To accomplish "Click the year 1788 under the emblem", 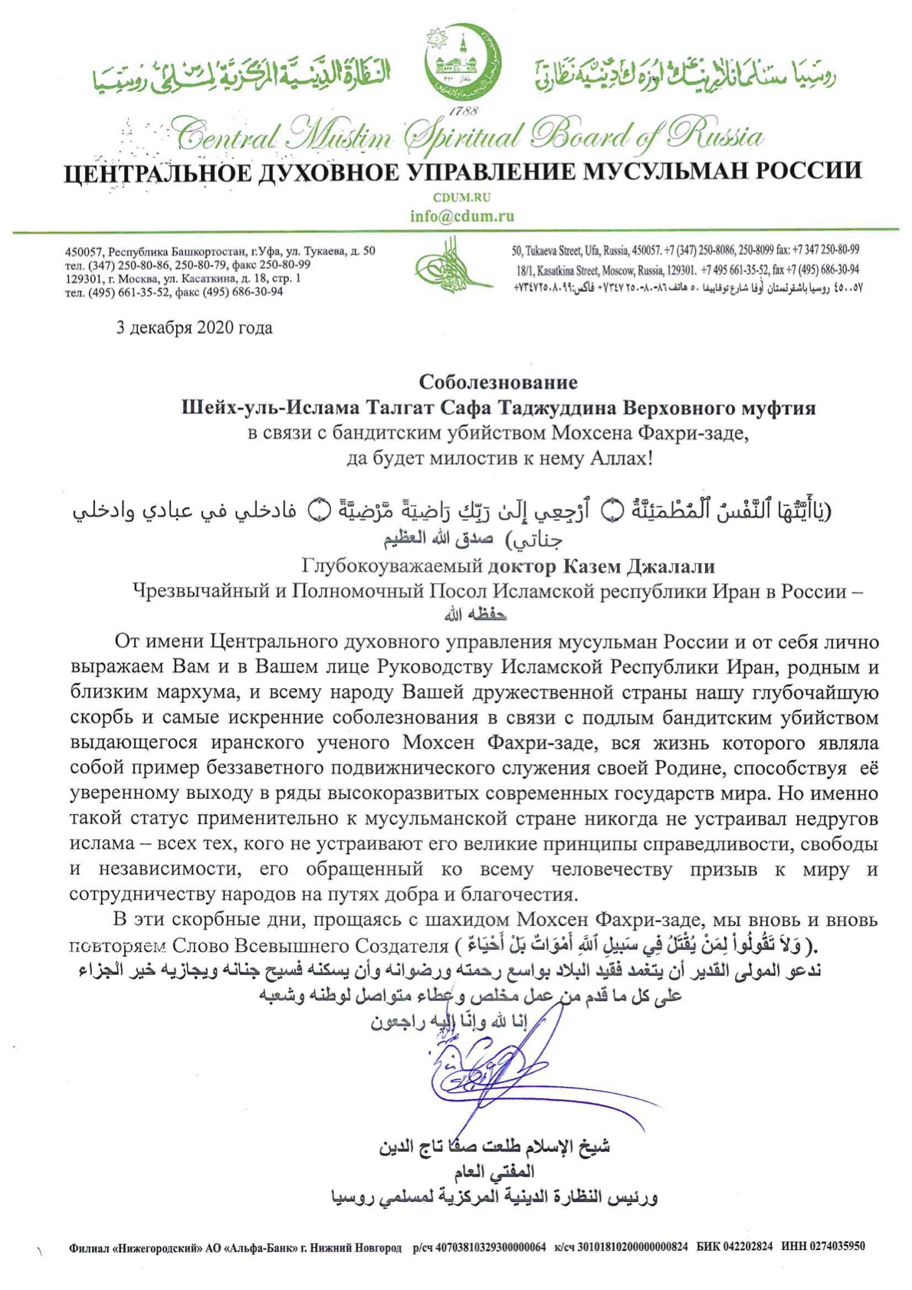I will point(463,112).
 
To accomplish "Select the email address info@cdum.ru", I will point(462,216).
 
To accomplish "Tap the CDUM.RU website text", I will point(461,197).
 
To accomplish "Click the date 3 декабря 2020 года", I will point(194,328).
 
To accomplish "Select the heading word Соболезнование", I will point(498,382).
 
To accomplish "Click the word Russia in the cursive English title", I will point(714,136).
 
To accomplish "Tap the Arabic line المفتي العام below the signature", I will point(494,1171).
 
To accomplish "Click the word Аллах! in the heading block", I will point(617,459).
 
